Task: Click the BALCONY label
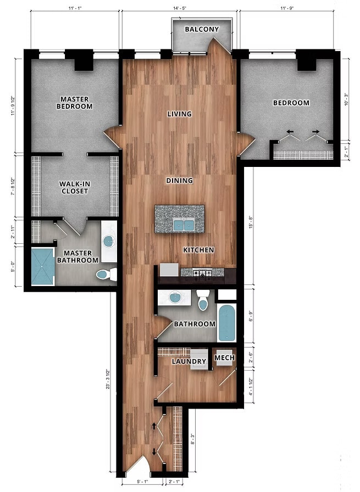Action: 202,29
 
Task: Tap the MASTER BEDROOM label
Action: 76,103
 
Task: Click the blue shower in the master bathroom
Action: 43,266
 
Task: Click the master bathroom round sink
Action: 109,240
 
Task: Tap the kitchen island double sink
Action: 183,225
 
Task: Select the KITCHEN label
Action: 198,250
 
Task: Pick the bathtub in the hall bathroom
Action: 227,323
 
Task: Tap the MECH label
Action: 224,358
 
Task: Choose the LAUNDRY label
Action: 189,361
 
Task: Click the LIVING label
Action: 180,114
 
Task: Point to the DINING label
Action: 180,180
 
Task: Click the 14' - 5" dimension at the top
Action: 180,9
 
